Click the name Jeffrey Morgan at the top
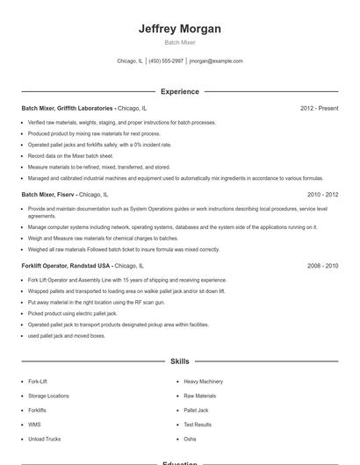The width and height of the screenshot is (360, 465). click(x=179, y=29)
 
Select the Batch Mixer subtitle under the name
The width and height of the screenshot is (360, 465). click(x=179, y=42)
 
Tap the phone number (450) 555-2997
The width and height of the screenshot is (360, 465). click(x=166, y=61)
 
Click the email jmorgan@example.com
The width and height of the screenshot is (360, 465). click(x=216, y=61)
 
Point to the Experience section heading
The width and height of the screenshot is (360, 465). click(x=179, y=91)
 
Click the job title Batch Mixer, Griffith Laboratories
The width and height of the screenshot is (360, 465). click(x=68, y=108)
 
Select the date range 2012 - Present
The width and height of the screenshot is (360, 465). click(x=319, y=108)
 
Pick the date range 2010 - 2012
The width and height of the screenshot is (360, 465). click(x=322, y=194)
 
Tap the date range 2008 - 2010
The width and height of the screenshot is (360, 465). click(x=322, y=265)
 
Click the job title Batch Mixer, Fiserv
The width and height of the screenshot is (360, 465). click(x=49, y=194)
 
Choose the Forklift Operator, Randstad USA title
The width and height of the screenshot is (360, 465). click(x=66, y=265)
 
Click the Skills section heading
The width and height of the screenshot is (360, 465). click(x=179, y=361)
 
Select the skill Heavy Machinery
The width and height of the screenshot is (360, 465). click(x=203, y=382)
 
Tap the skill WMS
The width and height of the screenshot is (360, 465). click(x=34, y=424)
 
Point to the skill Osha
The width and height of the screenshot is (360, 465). click(x=190, y=438)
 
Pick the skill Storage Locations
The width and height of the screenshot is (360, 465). click(x=48, y=396)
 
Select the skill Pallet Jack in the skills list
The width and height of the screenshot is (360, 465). click(x=196, y=410)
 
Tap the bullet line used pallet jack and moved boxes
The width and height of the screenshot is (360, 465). click(x=66, y=335)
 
